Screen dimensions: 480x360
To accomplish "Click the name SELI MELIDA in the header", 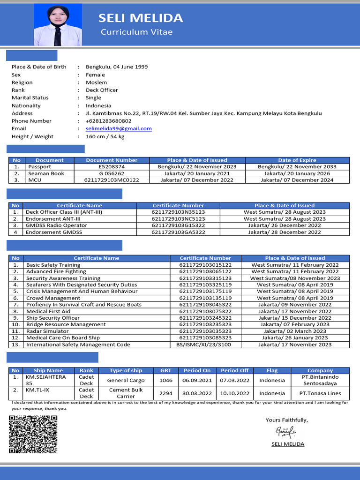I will click(140, 18).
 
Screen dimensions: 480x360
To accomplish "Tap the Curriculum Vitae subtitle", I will click(136, 32).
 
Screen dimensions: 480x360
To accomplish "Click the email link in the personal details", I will click(119, 128).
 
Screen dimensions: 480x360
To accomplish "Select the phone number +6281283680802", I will click(108, 121).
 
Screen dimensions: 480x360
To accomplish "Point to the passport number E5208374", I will click(112, 167).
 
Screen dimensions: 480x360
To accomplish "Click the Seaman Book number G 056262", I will click(112, 173).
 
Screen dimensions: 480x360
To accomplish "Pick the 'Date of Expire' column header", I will click(297, 160).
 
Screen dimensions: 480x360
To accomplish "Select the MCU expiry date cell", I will click(297, 180).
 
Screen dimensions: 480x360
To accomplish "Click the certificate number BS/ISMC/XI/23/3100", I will click(205, 345).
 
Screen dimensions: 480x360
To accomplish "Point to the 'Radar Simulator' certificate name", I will click(47, 331).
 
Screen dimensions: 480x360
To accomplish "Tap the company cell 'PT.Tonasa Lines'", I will click(320, 393).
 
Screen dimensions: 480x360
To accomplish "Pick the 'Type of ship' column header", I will click(126, 370).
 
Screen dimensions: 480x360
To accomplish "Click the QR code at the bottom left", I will click(33, 434).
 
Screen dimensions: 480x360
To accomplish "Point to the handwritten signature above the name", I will click(285, 431).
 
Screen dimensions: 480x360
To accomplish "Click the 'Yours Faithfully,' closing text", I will click(286, 420).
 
